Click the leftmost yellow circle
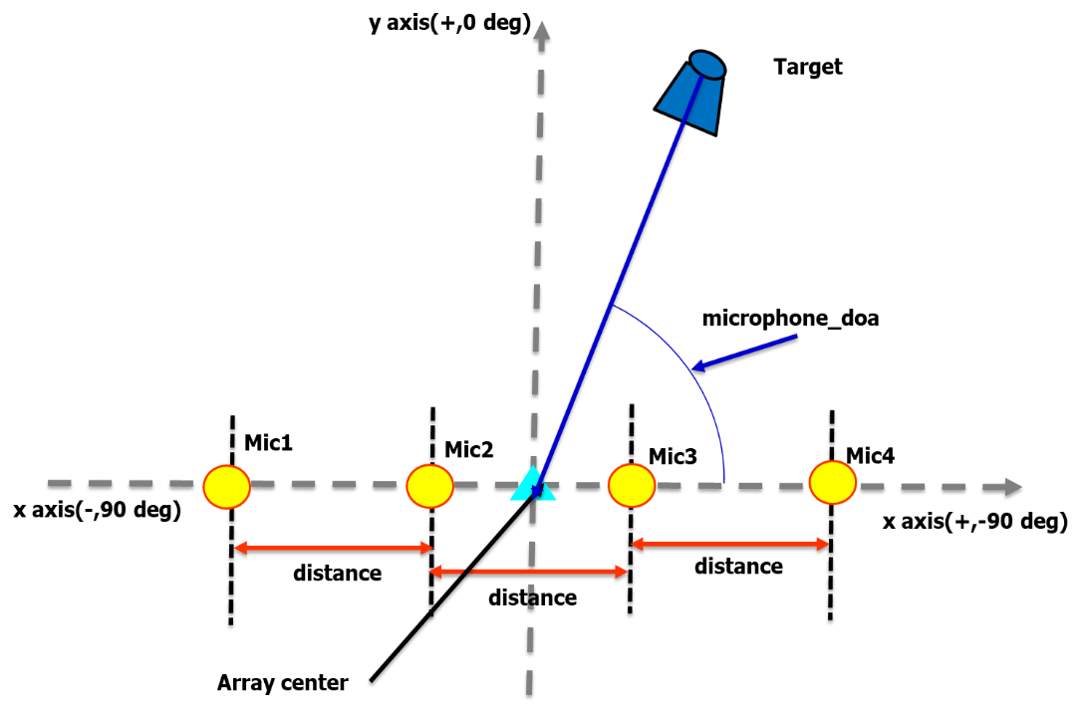point(226,487)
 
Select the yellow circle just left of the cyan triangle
point(429,486)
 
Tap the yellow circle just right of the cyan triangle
point(632,485)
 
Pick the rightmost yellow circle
point(833,482)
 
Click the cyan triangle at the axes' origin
point(533,485)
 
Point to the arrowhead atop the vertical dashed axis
point(541,30)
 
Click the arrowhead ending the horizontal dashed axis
point(1014,487)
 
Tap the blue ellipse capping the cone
point(707,66)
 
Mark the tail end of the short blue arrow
point(797,336)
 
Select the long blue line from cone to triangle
point(618,289)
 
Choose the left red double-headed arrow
point(333,548)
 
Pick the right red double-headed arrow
point(730,544)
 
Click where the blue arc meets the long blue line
point(612,305)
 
